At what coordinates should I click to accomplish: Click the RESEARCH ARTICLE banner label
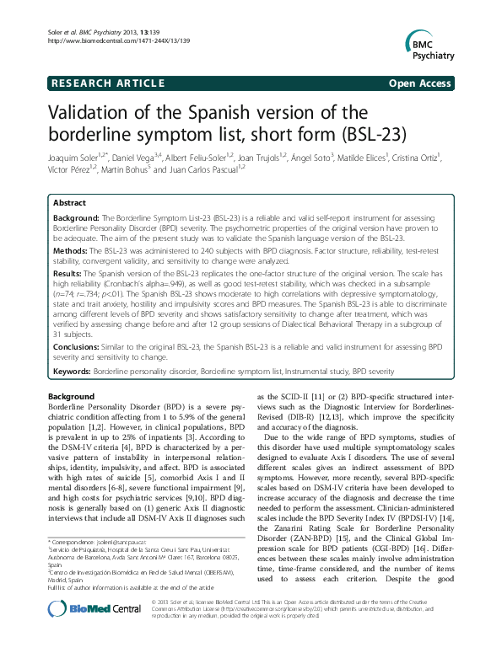click(x=108, y=83)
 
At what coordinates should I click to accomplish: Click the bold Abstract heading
click(x=69, y=203)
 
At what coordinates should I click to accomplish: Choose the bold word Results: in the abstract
click(x=70, y=275)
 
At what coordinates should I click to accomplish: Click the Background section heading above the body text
click(x=71, y=395)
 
